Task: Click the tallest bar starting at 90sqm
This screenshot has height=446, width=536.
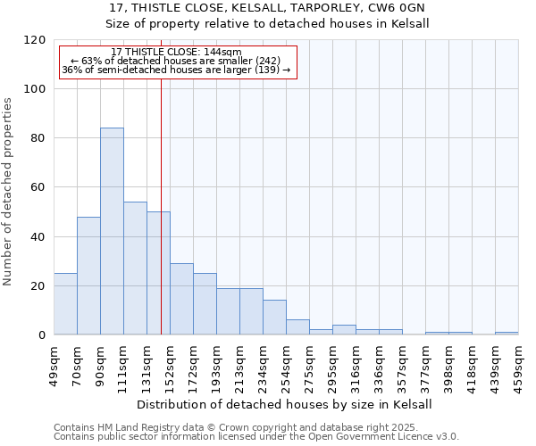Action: coord(112,231)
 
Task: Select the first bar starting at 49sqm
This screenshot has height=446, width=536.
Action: coord(65,304)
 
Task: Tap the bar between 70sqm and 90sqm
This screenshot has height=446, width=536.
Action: coord(88,276)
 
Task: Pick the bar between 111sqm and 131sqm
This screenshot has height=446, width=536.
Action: coord(135,268)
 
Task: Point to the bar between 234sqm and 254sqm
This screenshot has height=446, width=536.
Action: coord(274,318)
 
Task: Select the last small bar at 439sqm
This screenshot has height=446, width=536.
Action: coord(507,333)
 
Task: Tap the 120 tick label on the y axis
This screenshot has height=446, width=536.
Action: coord(35,40)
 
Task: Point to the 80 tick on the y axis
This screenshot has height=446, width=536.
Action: coord(38,138)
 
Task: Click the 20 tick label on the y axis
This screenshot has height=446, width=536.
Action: coord(38,286)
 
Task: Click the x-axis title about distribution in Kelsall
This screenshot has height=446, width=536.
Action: coord(285,404)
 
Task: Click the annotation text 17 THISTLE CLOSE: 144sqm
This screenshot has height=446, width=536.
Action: coord(177,53)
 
